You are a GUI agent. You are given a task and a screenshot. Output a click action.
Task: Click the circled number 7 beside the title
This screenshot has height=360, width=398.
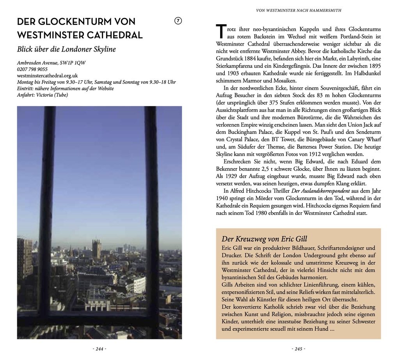(178, 21)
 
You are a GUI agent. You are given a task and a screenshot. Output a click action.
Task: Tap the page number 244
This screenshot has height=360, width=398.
(99, 349)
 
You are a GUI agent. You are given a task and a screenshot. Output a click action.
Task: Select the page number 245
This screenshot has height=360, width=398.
(298, 349)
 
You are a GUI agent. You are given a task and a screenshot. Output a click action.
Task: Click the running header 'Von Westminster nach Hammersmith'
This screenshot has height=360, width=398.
(298, 11)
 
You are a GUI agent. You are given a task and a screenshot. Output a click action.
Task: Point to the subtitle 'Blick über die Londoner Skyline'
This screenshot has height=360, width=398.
(66, 50)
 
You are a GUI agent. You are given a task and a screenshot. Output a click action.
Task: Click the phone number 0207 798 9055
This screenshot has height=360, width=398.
(32, 69)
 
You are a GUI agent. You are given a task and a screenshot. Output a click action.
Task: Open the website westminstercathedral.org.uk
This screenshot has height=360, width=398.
(47, 76)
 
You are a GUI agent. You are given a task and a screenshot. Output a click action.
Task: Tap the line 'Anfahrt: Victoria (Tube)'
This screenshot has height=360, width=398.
(42, 95)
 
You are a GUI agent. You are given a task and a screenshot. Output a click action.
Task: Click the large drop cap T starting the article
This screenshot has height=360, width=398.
(221, 32)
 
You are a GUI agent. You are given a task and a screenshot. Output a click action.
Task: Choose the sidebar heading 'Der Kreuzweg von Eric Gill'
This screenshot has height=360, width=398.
(265, 239)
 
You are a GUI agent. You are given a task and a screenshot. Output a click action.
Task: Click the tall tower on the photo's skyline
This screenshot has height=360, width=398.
(96, 248)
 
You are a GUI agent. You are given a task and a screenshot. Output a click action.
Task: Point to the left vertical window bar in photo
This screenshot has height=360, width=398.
(47, 215)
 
